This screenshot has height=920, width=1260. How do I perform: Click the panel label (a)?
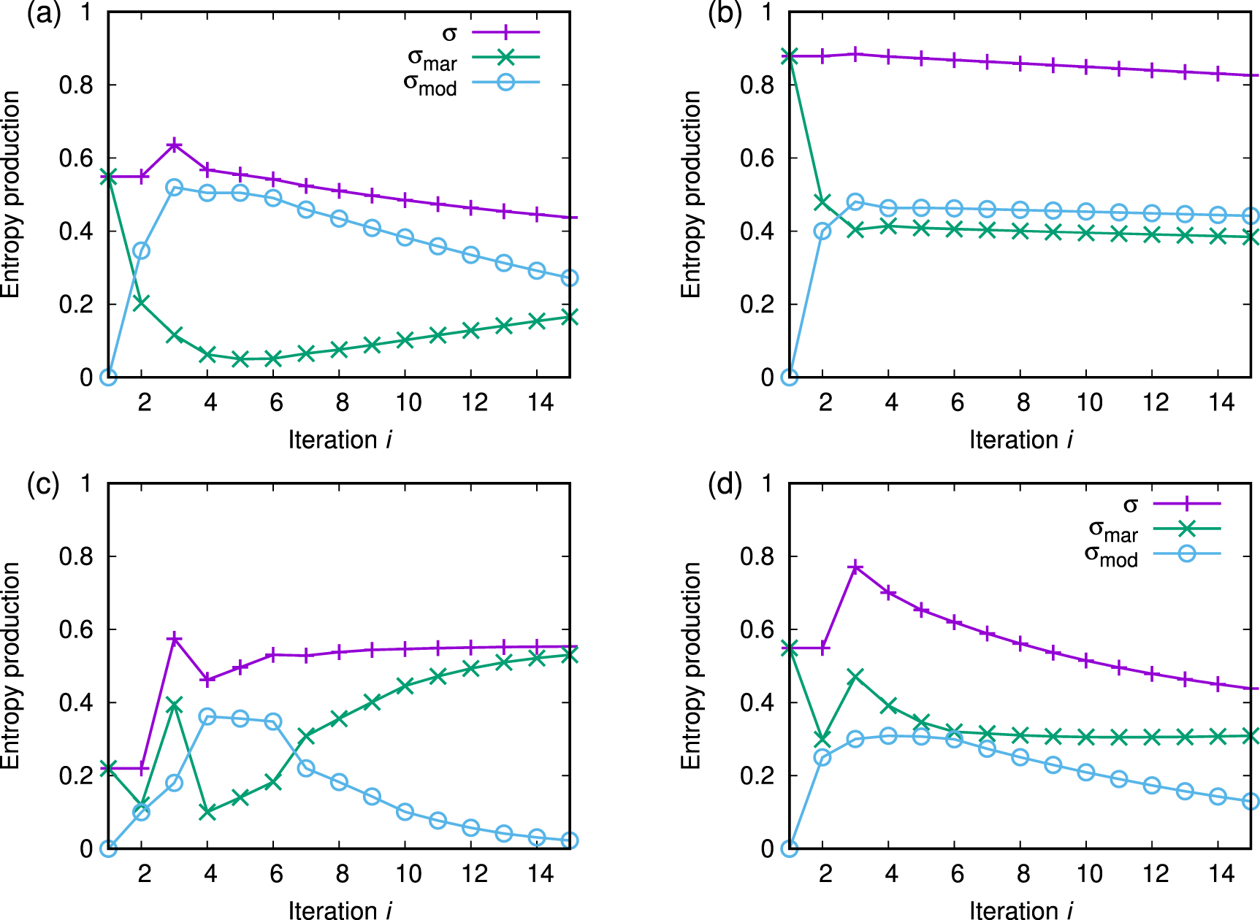pyautogui.click(x=43, y=15)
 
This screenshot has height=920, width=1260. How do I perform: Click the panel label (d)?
pyautogui.click(x=725, y=485)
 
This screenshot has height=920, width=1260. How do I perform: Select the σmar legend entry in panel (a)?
pyautogui.click(x=432, y=59)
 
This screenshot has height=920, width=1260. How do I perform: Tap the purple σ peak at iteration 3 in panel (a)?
pyautogui.click(x=175, y=145)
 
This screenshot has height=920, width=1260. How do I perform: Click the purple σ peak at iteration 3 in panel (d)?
pyautogui.click(x=856, y=567)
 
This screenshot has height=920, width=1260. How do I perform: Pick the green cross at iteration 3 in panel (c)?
pyautogui.click(x=175, y=705)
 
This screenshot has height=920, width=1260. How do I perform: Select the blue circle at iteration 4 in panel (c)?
pyautogui.click(x=207, y=716)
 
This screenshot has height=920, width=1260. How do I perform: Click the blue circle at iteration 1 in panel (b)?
pyautogui.click(x=789, y=377)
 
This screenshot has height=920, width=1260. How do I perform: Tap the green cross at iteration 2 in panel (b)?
pyautogui.click(x=822, y=202)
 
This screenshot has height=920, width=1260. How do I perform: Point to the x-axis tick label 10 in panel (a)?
pyautogui.click(x=408, y=402)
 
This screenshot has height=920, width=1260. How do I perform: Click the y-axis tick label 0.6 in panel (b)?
pyautogui.click(x=757, y=158)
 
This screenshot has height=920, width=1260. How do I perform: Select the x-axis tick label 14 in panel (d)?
pyautogui.click(x=1221, y=873)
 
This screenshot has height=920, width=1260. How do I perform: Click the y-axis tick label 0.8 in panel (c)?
pyautogui.click(x=76, y=556)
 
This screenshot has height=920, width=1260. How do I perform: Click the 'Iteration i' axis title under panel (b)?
pyautogui.click(x=1020, y=440)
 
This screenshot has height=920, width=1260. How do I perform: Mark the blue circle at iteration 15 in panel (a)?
pyautogui.click(x=570, y=278)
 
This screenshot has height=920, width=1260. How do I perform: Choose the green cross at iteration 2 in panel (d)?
pyautogui.click(x=822, y=740)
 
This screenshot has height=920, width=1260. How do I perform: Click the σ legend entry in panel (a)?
pyautogui.click(x=449, y=33)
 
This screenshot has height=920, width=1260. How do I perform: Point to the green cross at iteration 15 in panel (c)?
pyautogui.click(x=570, y=656)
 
